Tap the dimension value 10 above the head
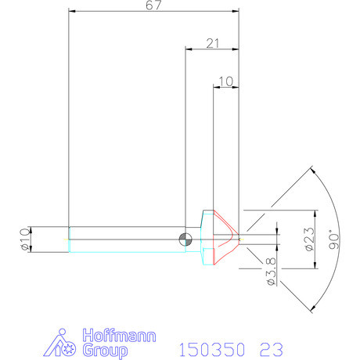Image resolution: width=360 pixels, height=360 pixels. point(225,81)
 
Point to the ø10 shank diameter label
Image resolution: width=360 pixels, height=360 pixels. point(24,238)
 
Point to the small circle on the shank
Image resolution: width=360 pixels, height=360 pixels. point(184,239)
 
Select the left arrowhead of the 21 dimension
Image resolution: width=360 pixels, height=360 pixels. point(188,48)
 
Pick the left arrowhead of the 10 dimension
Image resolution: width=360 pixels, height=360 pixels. point(216,86)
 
